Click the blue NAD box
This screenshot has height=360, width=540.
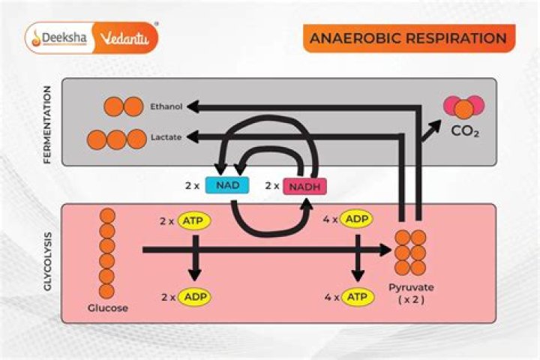(x=226, y=185)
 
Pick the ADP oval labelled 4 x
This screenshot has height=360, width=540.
(x=358, y=220)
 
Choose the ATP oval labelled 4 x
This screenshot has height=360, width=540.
(x=358, y=297)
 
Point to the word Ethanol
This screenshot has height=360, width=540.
(x=166, y=107)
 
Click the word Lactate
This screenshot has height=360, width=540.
(x=166, y=138)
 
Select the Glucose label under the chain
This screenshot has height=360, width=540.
(x=107, y=308)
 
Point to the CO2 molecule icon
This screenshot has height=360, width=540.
(x=464, y=107)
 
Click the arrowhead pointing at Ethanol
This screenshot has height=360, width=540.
(x=193, y=107)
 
